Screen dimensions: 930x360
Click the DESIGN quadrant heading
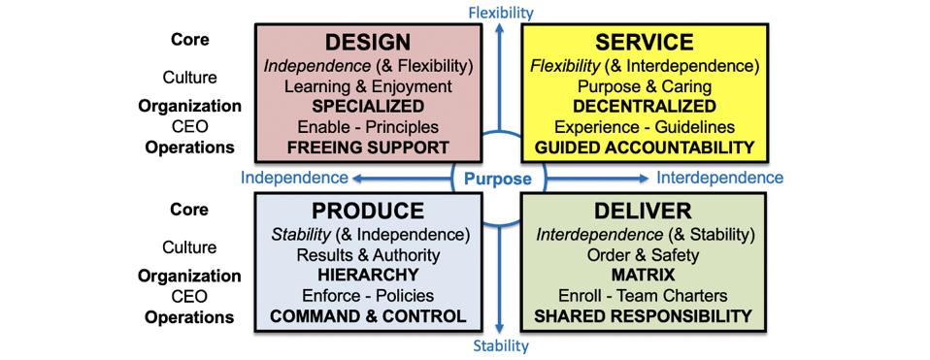pos(368,43)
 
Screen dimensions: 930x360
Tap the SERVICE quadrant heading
pos(646,43)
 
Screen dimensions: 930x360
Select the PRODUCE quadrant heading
pos(368,212)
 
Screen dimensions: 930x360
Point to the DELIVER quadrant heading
pos(646,212)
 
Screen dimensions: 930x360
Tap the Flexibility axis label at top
pos(501,12)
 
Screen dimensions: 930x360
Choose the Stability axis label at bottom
pos(500,345)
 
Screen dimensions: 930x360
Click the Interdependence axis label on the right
pos(719,179)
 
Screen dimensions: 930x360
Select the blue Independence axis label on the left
pos(295,179)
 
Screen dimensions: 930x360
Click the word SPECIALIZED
pos(368,106)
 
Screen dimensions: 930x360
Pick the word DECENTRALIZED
pos(645,106)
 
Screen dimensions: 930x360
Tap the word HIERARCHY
pos(368,276)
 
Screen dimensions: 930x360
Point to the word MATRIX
pos(645,276)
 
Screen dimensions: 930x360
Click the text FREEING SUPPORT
pos(368,148)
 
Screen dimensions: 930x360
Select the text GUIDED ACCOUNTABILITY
pos(645,148)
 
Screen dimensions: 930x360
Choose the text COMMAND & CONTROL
pos(368,316)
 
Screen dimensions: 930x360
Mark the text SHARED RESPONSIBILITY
pos(645,316)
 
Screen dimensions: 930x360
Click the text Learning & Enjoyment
pos(368,85)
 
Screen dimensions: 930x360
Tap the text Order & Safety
pos(645,255)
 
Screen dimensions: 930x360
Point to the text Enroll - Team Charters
pos(645,296)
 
